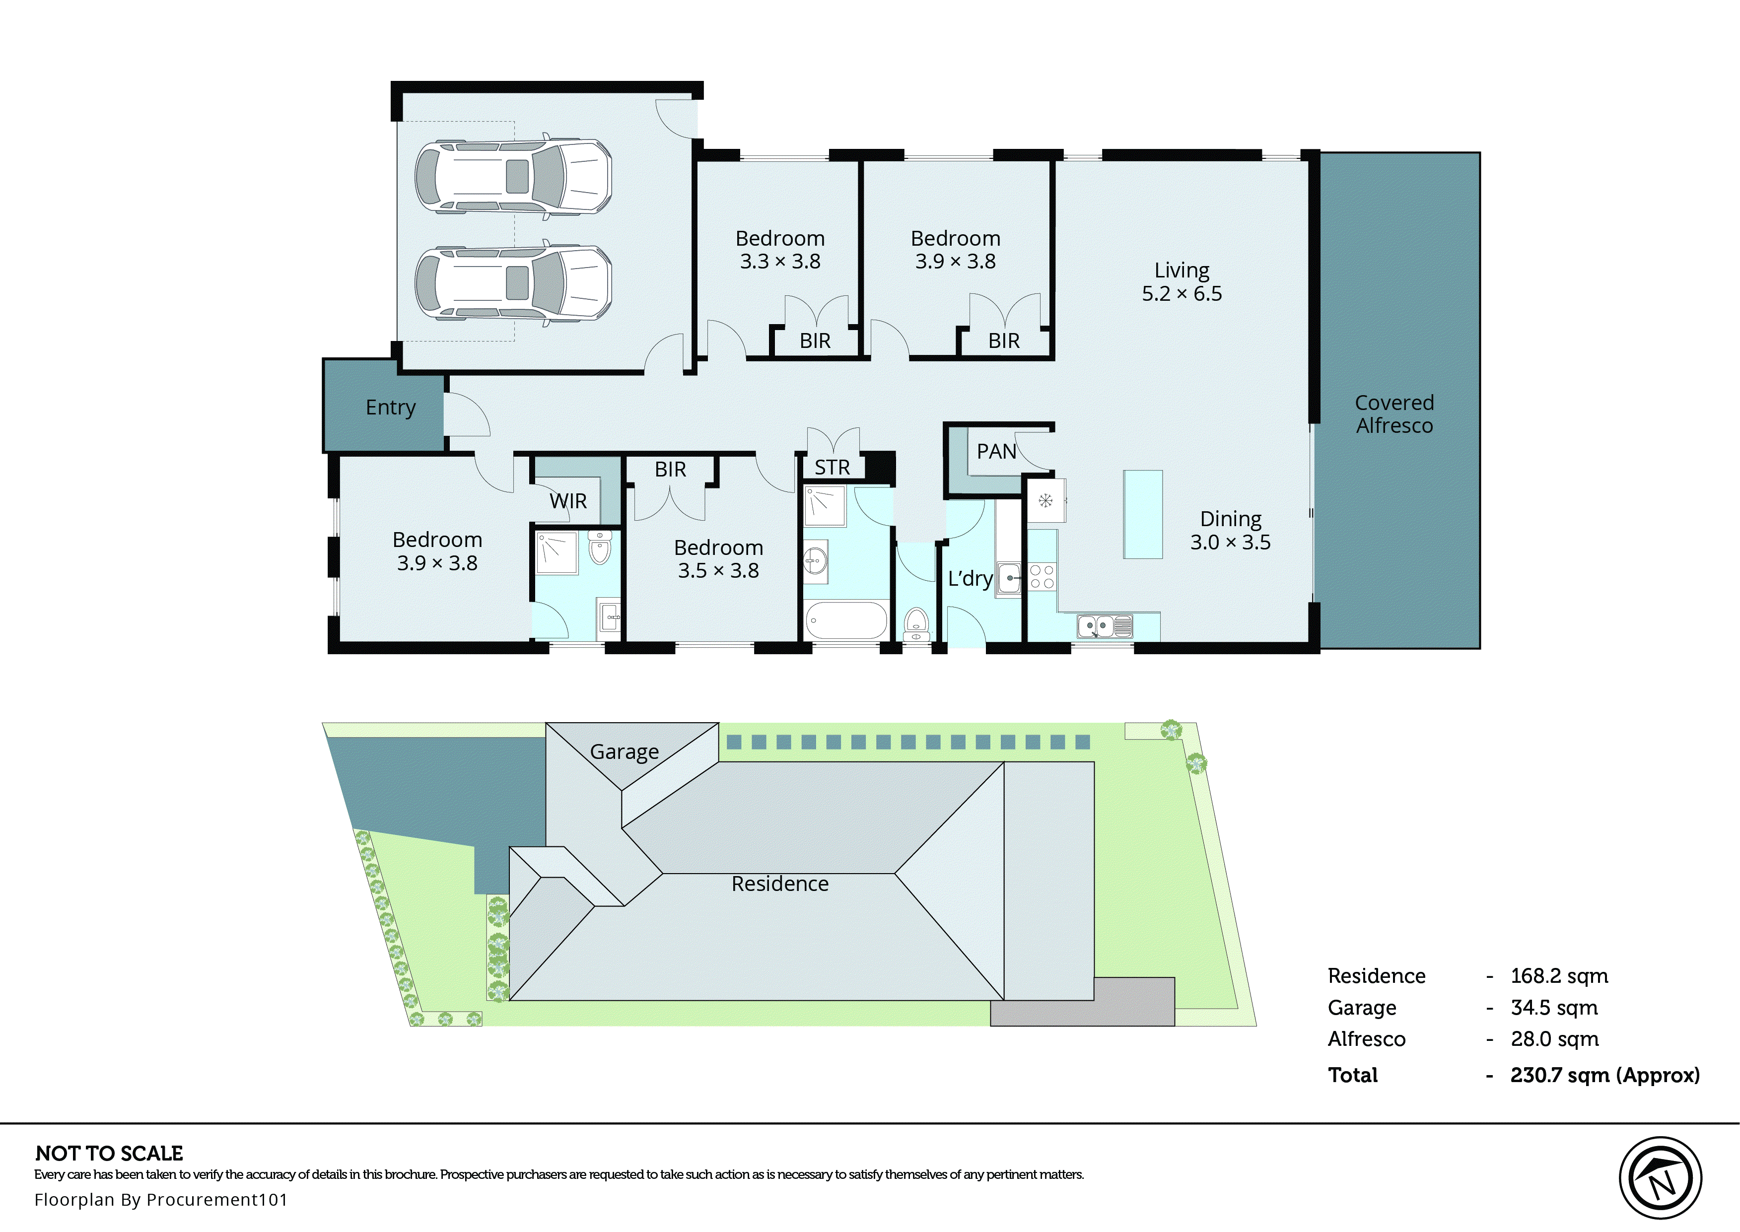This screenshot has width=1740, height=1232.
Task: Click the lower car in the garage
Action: pyautogui.click(x=513, y=283)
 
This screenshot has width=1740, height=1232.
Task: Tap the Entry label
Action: pyautogui.click(x=391, y=408)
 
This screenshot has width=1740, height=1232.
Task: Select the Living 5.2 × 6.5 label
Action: pyautogui.click(x=1182, y=281)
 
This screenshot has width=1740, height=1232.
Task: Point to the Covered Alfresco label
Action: pyautogui.click(x=1394, y=413)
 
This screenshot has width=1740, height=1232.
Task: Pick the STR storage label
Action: pyautogui.click(x=832, y=467)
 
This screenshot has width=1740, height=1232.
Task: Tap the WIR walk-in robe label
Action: pyautogui.click(x=568, y=501)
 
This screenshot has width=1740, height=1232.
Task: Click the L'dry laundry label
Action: pyautogui.click(x=970, y=579)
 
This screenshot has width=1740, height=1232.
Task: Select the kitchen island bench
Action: pyautogui.click(x=1143, y=514)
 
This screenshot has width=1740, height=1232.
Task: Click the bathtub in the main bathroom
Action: pyautogui.click(x=846, y=620)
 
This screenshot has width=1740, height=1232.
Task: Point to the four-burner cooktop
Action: pyautogui.click(x=1042, y=577)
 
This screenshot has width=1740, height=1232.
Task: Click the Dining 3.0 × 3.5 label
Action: pyautogui.click(x=1230, y=530)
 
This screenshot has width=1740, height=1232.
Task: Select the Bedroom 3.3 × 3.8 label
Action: pyautogui.click(x=780, y=250)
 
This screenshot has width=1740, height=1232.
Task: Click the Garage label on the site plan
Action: pyautogui.click(x=624, y=752)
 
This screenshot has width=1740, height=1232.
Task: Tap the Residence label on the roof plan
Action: pyautogui.click(x=780, y=884)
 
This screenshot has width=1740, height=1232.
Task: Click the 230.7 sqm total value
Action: pyautogui.click(x=1604, y=1075)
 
